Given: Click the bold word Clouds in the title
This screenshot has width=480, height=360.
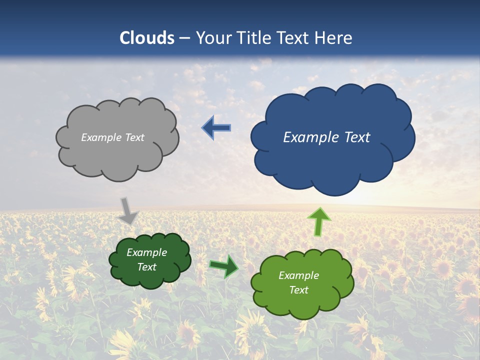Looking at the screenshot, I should tap(147, 38).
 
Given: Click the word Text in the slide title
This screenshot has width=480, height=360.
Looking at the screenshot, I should tap(295, 38).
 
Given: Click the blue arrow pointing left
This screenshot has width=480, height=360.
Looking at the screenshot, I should tap(216, 128).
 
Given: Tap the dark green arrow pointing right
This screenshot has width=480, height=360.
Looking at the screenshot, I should tap(224, 266).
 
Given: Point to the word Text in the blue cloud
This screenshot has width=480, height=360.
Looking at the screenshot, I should tap(357, 137).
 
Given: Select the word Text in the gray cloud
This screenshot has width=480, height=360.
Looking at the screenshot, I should tap(135, 137).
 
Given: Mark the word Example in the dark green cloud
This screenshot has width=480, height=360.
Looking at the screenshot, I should tap(147, 253).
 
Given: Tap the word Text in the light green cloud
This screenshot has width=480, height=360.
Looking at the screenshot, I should tap(298, 290).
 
